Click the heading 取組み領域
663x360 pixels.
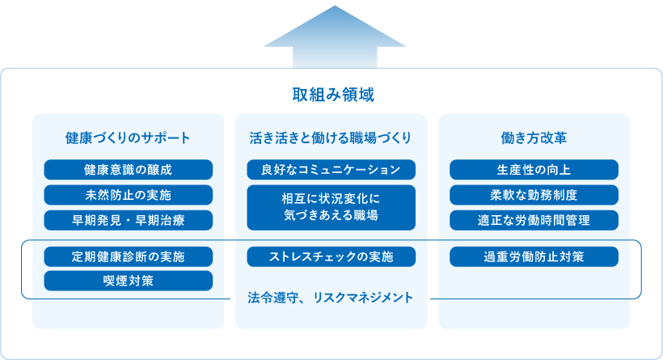pos(333,95)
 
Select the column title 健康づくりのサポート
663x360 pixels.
pos(128,138)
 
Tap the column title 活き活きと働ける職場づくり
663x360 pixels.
pos(330,138)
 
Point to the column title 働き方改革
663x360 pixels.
pos(534,138)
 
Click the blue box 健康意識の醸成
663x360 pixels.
pos(128,170)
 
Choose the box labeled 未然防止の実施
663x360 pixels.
pos(128,195)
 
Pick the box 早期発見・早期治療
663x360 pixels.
pos(128,220)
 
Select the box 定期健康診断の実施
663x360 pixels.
pos(128,256)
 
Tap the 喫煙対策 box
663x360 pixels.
pos(128,281)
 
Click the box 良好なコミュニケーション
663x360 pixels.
pos(331,170)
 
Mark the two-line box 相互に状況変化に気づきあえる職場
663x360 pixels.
pos(331,208)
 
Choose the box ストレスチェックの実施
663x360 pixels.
pos(331,256)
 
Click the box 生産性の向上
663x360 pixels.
pos(534,170)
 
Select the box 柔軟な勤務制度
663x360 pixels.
pos(534,195)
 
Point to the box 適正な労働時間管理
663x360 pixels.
pos(534,220)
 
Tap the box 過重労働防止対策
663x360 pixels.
pos(534,256)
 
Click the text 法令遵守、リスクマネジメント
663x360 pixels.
pos(330,298)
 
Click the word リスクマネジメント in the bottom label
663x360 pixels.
pos(363,298)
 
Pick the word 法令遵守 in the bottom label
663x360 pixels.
pos(272,298)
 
